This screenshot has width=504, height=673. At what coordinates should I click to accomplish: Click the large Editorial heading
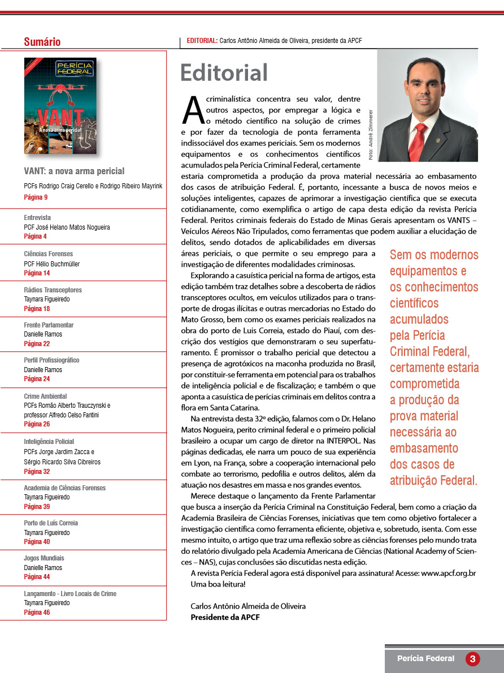224,73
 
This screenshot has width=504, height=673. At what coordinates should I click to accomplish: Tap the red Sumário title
42,42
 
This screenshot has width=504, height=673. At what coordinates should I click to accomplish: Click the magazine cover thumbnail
60,106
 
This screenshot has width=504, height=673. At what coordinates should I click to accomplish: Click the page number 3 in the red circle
472,659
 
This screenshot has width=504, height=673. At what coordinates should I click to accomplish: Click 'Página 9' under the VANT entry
36,197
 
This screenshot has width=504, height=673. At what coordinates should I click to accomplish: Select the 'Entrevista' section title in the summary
37,217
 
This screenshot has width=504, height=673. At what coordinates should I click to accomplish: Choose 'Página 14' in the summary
37,273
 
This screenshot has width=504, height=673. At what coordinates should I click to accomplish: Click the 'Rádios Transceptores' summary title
53,290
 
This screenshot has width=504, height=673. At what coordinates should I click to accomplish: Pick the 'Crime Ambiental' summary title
45,396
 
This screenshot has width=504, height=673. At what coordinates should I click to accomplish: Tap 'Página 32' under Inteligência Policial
37,471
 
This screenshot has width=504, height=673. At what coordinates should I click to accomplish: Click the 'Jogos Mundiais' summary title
44,558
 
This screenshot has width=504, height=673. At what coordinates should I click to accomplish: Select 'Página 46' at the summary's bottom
37,612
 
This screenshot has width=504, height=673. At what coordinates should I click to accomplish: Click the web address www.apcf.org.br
448,573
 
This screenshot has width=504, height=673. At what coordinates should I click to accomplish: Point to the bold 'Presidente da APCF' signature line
225,617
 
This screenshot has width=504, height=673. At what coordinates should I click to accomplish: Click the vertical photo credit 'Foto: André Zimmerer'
371,133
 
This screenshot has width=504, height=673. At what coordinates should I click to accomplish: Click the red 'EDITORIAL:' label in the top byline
202,41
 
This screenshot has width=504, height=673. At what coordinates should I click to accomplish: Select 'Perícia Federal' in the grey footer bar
425,658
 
